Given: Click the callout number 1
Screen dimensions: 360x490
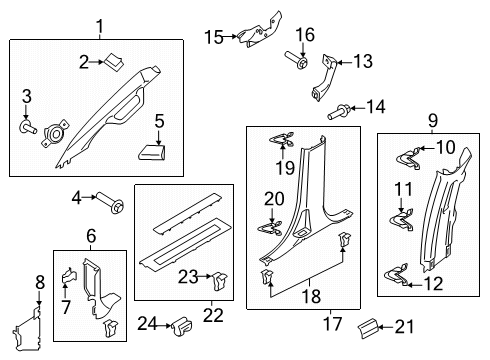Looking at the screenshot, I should (99, 26).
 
